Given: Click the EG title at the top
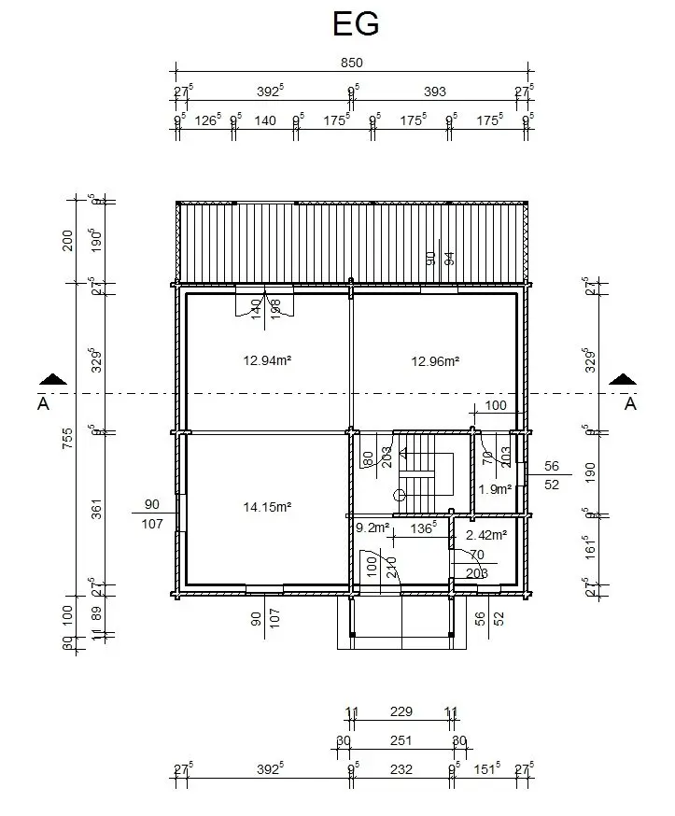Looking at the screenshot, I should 356,23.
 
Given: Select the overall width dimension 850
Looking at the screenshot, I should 351,63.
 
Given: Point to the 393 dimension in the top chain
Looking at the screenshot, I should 434,91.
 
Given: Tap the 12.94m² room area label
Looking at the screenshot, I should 267,360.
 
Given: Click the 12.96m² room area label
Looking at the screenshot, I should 434,360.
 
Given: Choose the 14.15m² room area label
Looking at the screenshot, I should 267,507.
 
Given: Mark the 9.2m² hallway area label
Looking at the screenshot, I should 371,528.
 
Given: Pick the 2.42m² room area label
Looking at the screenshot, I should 485,535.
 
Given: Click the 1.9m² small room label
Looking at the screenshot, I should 495,489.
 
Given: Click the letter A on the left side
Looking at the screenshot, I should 43,404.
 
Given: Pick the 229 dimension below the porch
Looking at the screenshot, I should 401,711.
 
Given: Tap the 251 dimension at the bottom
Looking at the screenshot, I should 401,740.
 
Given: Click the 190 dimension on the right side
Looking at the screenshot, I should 589,472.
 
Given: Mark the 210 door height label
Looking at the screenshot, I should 390,567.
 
